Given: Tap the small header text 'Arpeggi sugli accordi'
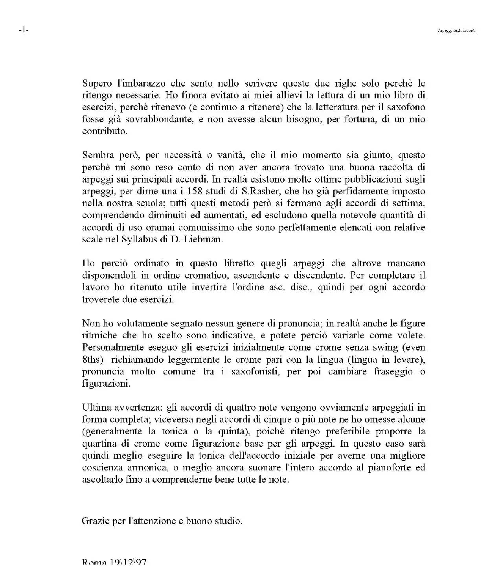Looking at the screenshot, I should tap(456, 30).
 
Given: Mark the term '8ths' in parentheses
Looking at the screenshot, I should tap(91, 360).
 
